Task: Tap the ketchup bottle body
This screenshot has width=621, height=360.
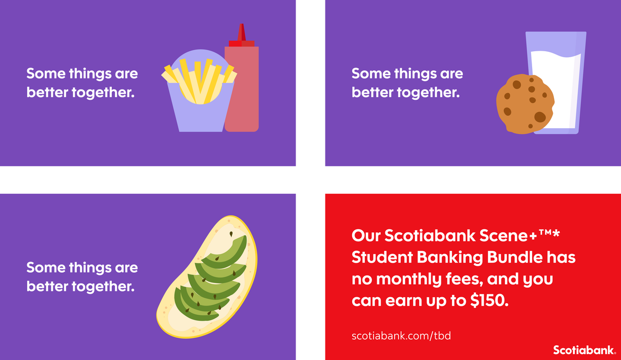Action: coord(242,89)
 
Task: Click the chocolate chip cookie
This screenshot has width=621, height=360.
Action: coord(525,104)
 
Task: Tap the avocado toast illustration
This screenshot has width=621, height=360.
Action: coord(207,277)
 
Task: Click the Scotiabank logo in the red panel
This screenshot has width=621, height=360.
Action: coord(584,350)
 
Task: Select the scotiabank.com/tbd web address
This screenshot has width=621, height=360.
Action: coord(401,336)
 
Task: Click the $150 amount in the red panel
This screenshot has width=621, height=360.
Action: coord(489,301)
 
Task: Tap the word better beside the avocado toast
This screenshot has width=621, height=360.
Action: coord(40,286)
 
